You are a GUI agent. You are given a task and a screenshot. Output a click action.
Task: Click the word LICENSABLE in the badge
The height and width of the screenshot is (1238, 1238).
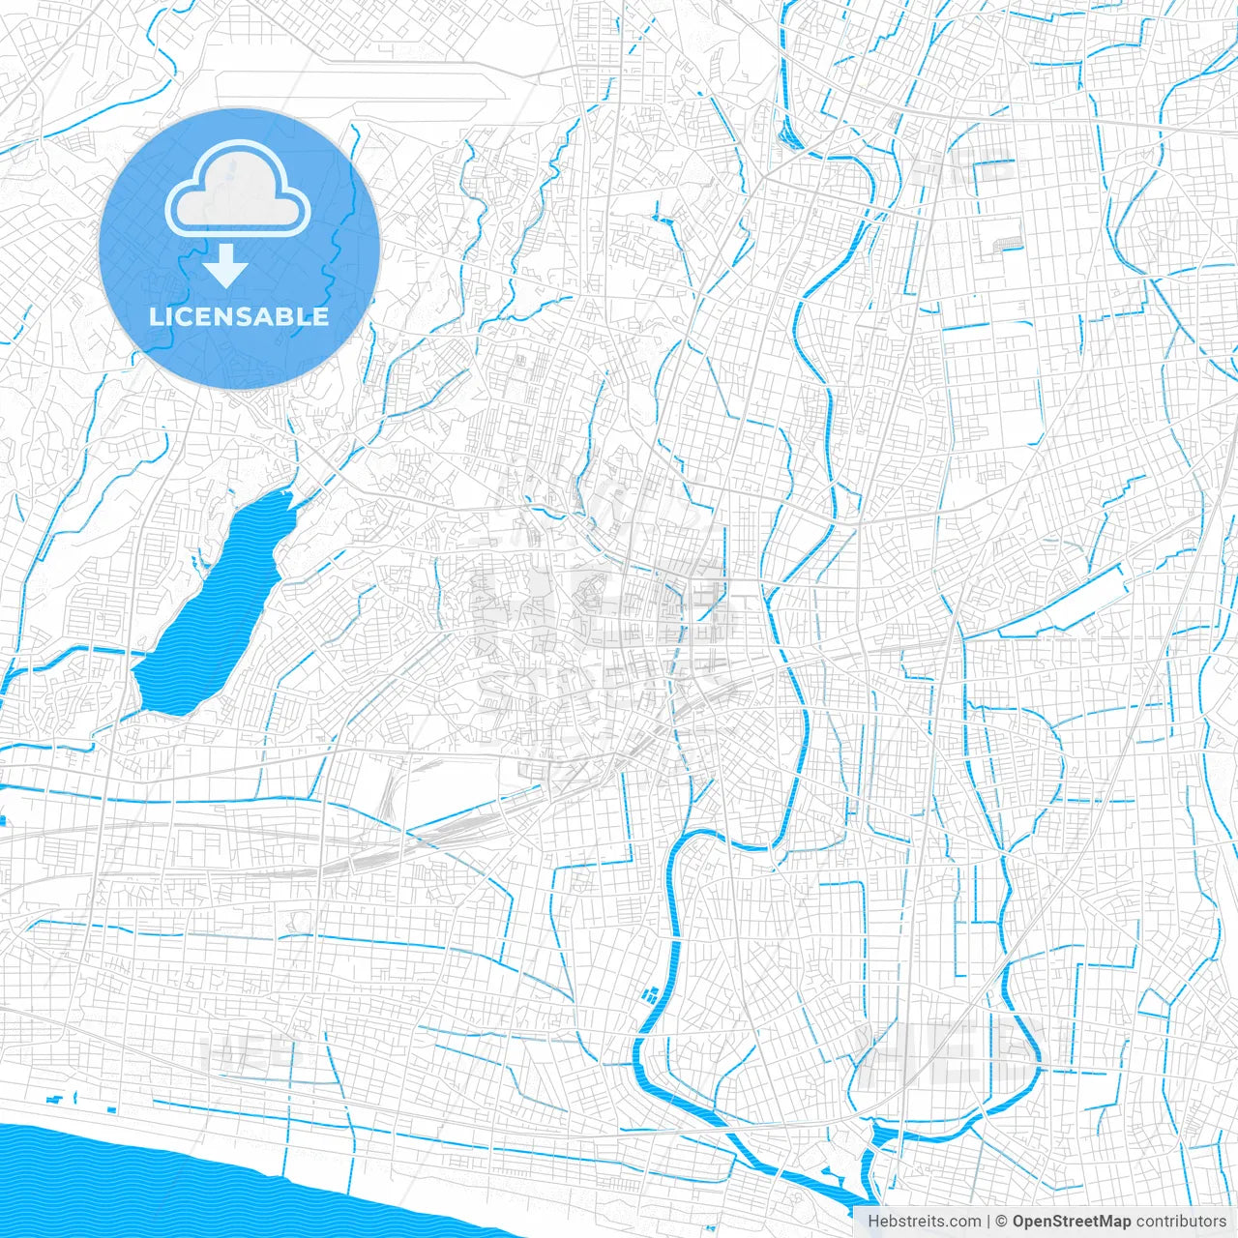click(x=239, y=316)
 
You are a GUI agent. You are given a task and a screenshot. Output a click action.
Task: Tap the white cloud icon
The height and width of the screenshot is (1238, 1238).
click(x=238, y=188)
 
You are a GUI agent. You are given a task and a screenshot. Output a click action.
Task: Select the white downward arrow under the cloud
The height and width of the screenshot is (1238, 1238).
click(x=226, y=266)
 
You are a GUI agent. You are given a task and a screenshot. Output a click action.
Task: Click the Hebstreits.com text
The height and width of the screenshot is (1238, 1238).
click(x=924, y=1222)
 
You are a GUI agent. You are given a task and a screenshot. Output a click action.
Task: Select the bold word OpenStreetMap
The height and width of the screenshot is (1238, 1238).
click(x=1072, y=1222)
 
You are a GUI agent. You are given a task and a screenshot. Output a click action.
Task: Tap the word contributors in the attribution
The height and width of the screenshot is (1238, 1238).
click(x=1181, y=1222)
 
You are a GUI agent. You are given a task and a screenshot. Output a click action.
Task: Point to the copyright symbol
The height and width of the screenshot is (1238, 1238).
click(x=1002, y=1222)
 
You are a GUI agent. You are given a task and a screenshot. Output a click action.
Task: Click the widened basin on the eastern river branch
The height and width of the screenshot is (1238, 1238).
click(x=885, y=1132)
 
